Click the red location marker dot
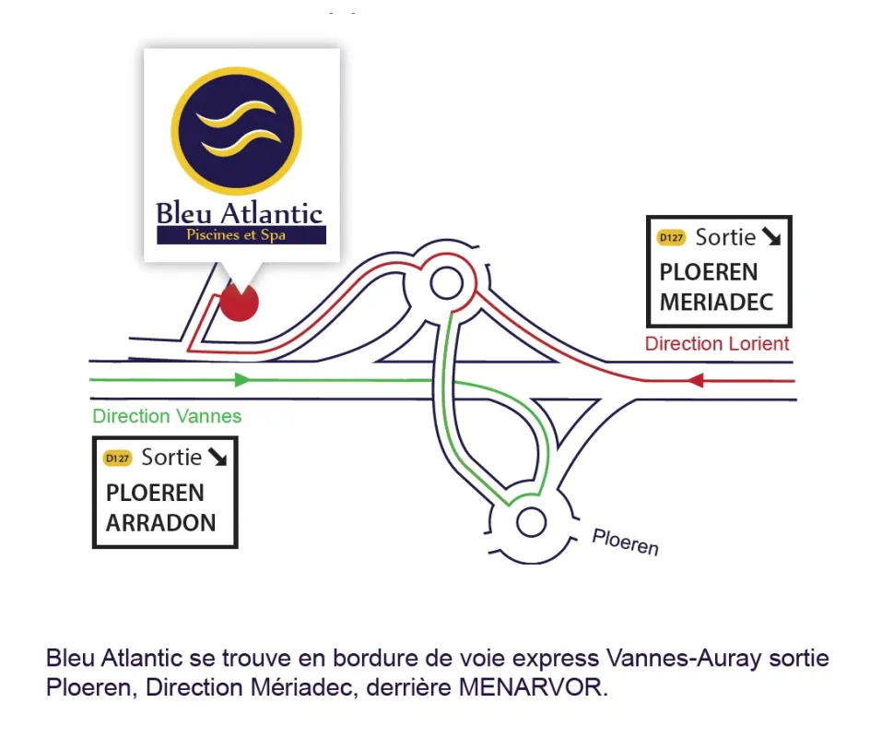coord(239,303)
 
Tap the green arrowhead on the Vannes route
coord(242,380)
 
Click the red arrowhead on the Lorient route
coord(695,381)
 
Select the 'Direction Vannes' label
coord(167,416)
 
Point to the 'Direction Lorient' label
coord(717,343)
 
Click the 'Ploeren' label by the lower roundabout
coord(625,542)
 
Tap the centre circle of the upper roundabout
coord(447,282)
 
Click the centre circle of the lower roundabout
coord(531,522)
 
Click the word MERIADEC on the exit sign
coord(717,303)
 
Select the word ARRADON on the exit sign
coord(161,523)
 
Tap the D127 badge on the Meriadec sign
coord(671,238)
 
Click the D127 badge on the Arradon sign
coord(118,458)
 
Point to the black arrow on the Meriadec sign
coord(771,236)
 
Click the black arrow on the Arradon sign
coord(218,457)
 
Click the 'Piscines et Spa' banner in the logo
coord(241,234)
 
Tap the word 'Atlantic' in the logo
coord(272,214)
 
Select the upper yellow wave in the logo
coord(236,114)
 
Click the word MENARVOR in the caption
coord(531,687)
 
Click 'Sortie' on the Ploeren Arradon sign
coord(171,457)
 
